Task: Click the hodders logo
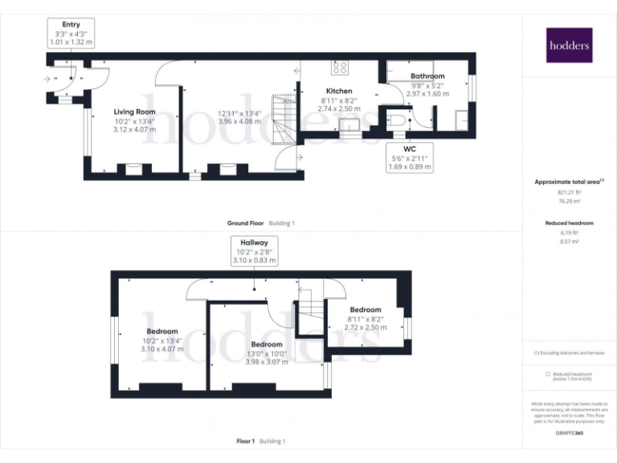coord(569,46)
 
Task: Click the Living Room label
coord(134,112)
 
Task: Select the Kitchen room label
coord(339,92)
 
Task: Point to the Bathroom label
coord(427,76)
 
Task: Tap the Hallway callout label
coord(254,251)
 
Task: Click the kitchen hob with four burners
coord(340,68)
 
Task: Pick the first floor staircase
coord(310,310)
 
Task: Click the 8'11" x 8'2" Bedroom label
coord(366,309)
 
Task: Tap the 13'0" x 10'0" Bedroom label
coord(265,344)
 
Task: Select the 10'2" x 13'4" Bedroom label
coord(162,331)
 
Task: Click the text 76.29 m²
coord(569,203)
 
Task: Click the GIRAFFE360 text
coord(569,434)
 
